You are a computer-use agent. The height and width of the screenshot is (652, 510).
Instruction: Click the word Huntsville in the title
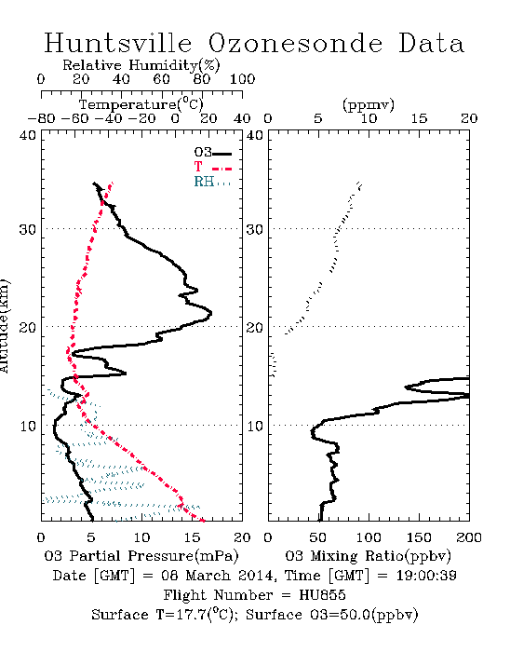118,43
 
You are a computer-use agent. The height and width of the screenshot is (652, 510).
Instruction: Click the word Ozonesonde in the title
295,43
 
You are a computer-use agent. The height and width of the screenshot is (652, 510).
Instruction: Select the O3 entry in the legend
212,153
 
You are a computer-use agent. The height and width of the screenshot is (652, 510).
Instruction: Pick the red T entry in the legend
212,167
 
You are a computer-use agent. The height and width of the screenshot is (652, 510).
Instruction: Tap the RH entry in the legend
212,182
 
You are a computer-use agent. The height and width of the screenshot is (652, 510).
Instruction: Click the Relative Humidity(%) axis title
141,65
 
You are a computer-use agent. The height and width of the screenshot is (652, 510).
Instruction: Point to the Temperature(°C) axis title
141,104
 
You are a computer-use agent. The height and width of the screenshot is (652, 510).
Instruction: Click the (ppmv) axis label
369,104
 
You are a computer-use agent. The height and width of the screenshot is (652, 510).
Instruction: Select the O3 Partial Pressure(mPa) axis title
141,556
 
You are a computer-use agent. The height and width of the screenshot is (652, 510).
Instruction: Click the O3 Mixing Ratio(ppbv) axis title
369,556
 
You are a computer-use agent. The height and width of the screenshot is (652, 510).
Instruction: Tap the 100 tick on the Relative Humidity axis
242,79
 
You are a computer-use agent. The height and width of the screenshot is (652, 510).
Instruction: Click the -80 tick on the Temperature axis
41,118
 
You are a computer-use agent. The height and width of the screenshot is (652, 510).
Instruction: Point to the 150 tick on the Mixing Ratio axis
419,537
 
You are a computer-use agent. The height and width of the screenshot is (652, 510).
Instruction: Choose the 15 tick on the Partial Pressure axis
192,537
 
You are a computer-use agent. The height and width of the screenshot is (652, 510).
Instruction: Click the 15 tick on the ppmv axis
419,118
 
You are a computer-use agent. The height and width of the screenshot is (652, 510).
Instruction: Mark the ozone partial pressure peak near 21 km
211,313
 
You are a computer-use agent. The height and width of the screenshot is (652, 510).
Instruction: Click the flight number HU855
322,595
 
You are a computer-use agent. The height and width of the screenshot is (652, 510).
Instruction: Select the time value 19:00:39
426,576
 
